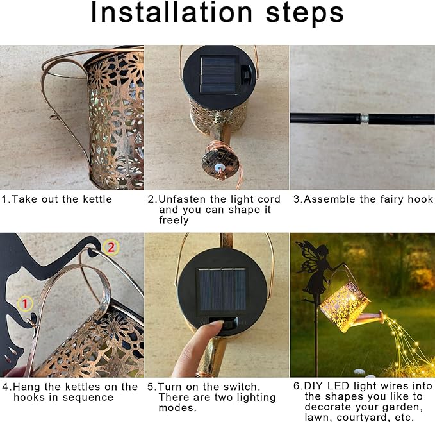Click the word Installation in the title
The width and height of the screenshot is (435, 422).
(x=172, y=12)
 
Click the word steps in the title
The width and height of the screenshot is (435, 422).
(x=304, y=15)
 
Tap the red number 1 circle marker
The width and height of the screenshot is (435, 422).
(x=25, y=303)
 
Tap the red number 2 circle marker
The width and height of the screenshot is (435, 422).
(x=111, y=247)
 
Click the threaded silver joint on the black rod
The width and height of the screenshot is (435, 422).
(x=365, y=119)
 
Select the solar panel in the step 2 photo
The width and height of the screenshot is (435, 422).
(x=220, y=75)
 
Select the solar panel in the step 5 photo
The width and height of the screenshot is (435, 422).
(x=222, y=289)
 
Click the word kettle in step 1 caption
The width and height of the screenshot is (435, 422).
(x=97, y=199)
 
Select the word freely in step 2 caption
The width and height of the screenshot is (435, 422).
(x=174, y=220)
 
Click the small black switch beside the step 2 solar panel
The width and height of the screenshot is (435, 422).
(x=245, y=74)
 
